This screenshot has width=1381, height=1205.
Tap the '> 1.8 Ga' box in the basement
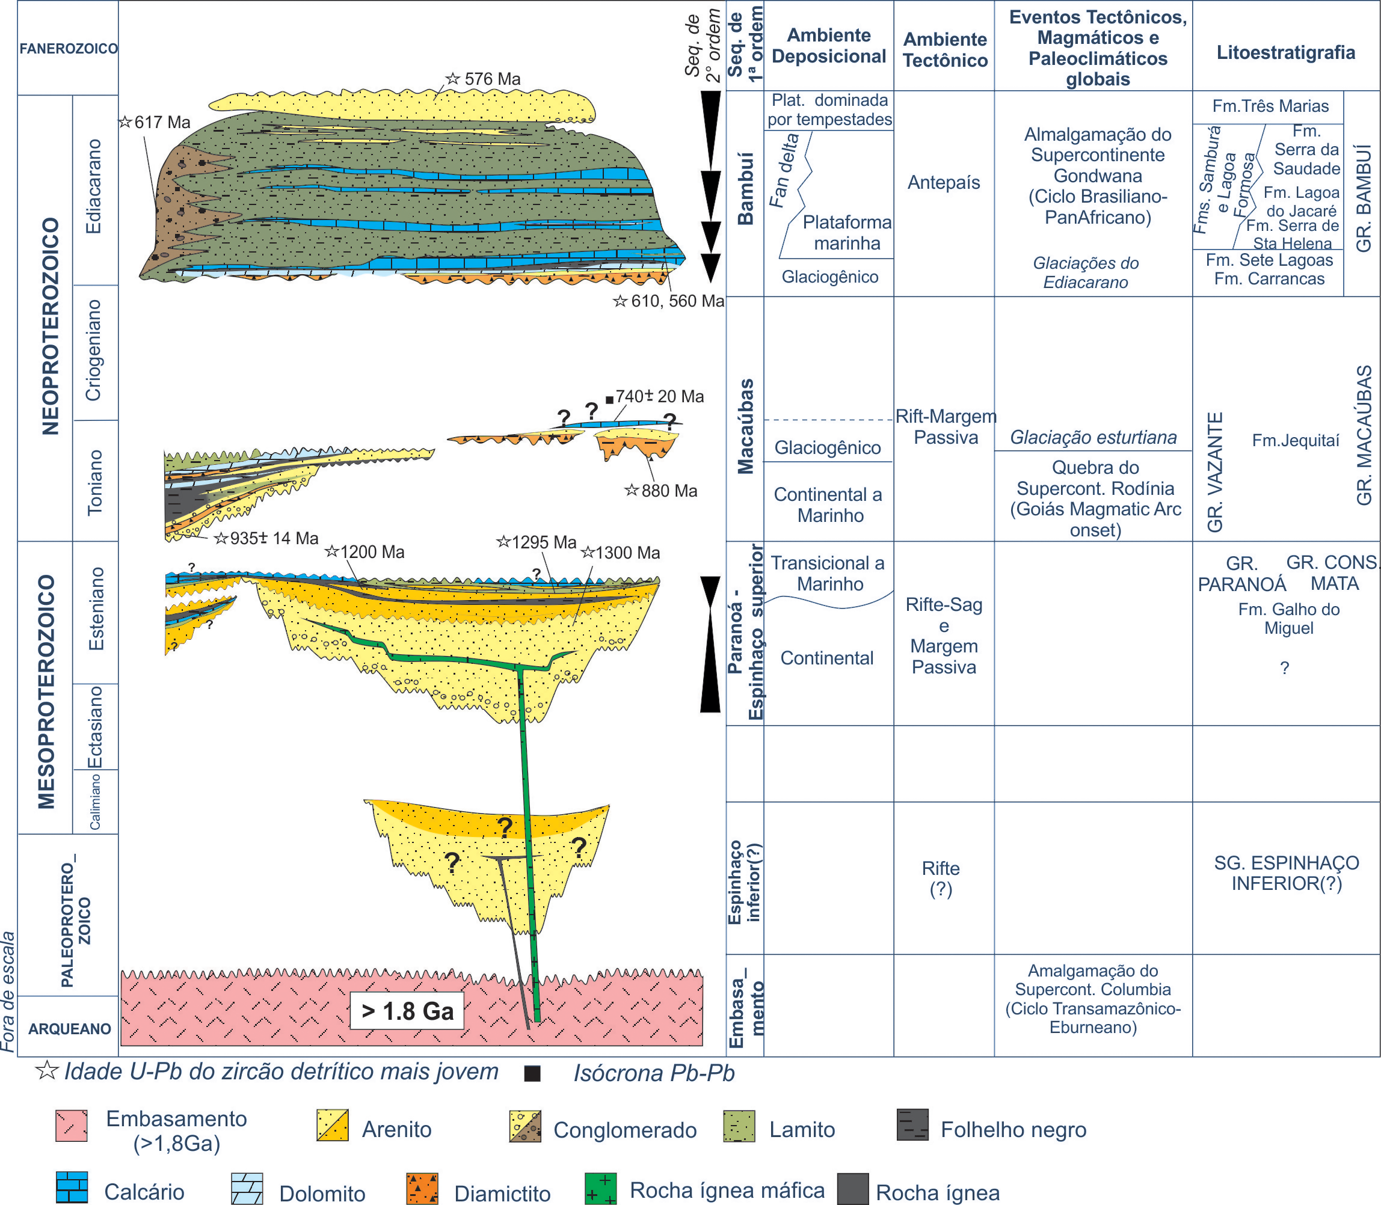[x=407, y=1011]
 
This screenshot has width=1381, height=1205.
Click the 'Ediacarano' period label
[x=94, y=186]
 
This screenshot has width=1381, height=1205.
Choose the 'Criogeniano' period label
[x=94, y=351]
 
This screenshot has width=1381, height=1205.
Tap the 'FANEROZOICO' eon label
[x=68, y=49]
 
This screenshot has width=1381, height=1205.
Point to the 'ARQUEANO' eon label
[x=69, y=1029]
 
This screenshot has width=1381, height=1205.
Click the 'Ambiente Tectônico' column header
[x=944, y=50]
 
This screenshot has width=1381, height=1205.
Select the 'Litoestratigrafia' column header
[x=1285, y=52]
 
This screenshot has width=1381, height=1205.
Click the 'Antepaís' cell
[x=943, y=182]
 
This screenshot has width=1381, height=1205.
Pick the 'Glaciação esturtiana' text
[x=1093, y=438]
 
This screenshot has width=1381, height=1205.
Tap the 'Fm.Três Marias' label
[x=1270, y=106]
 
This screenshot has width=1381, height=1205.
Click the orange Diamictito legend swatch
[x=422, y=1188]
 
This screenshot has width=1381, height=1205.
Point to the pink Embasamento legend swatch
[x=72, y=1126]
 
